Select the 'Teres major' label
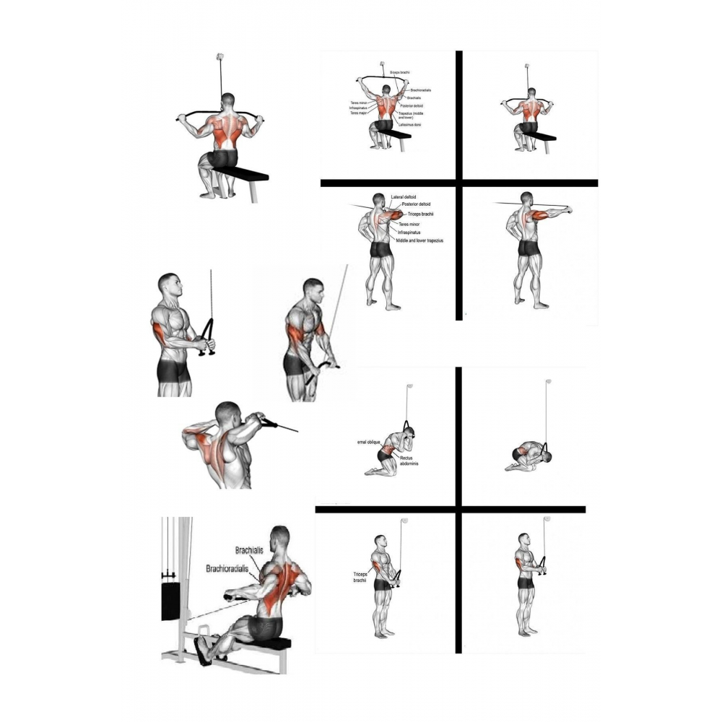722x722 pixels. point(359,113)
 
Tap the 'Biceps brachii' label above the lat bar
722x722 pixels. point(400,72)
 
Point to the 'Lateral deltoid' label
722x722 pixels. point(406,196)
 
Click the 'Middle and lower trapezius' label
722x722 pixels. point(415,240)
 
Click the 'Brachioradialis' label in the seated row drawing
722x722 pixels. point(232,568)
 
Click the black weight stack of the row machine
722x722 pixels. point(173,597)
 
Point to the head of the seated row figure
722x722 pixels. point(279,538)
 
